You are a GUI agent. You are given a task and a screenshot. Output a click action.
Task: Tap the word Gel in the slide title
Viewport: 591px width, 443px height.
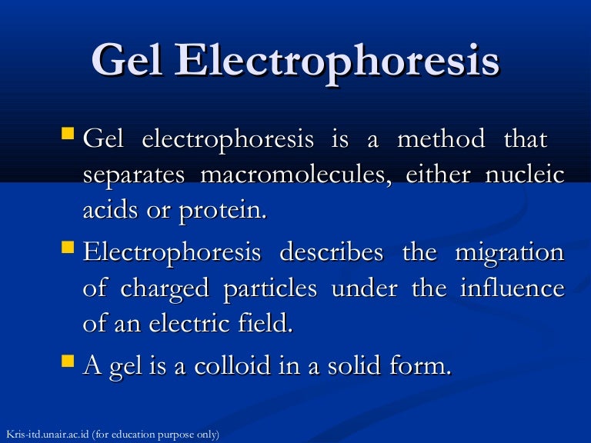(x=128, y=60)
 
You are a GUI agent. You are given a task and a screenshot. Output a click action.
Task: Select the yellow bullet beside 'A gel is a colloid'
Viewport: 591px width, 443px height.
(x=68, y=361)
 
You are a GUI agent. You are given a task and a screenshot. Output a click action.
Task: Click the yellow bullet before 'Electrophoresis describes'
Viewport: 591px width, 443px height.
(x=68, y=247)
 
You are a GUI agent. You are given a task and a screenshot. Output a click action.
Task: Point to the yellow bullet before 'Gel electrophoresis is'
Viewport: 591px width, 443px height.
(x=68, y=133)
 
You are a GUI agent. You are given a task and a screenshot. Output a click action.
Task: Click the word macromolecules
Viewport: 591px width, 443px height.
(x=295, y=175)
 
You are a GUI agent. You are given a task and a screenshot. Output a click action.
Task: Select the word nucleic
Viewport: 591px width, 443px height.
(x=525, y=175)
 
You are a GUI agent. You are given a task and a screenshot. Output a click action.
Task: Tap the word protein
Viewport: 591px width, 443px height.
(x=222, y=211)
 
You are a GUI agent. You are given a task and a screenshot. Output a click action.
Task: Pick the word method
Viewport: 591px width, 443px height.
(x=441, y=138)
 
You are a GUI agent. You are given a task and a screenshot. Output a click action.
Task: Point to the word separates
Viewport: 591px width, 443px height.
(x=134, y=176)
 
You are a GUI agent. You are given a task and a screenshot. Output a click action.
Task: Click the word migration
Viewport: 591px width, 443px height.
(x=509, y=253)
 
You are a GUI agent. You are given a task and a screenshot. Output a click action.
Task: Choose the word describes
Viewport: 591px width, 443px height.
(x=332, y=251)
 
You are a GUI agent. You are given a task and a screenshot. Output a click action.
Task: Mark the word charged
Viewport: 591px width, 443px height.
(x=165, y=289)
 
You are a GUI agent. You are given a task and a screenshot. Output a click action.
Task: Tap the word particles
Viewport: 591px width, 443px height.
(x=270, y=289)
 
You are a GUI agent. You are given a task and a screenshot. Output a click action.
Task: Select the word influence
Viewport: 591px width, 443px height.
(x=513, y=288)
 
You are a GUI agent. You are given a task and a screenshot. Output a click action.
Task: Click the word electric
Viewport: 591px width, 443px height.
(x=189, y=323)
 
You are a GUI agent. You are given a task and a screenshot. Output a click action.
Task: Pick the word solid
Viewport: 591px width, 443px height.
(x=354, y=365)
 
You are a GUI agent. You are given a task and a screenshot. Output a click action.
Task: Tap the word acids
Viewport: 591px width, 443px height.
(x=111, y=210)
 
